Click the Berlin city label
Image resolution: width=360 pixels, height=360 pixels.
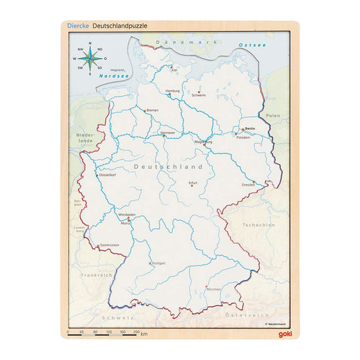(x=250, y=128)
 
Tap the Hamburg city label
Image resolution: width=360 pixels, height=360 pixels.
(x=173, y=90)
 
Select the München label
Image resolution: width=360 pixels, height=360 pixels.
(x=213, y=289)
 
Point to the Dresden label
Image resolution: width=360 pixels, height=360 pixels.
(x=248, y=184)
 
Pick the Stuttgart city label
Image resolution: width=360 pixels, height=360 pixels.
(x=158, y=263)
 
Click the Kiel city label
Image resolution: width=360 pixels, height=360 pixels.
(x=174, y=69)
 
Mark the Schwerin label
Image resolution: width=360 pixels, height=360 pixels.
(x=199, y=95)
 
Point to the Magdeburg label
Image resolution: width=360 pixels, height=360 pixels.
(x=203, y=142)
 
